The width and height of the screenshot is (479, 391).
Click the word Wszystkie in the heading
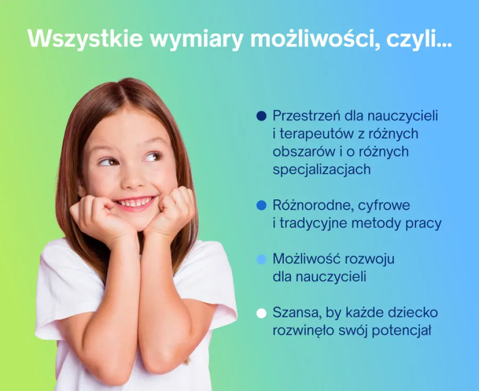(x=85, y=38)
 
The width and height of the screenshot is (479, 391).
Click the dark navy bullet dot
(x=261, y=116)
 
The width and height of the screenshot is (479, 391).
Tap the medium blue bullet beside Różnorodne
(x=261, y=205)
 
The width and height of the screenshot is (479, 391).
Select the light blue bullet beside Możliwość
(x=261, y=259)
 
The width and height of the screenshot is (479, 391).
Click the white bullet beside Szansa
(x=261, y=313)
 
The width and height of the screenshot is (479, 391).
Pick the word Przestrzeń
(x=307, y=116)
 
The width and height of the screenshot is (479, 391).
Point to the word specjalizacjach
(x=321, y=170)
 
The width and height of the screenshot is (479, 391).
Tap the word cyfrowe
(x=384, y=206)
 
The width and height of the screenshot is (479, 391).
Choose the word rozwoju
(x=370, y=259)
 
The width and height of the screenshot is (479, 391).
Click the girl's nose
(x=133, y=180)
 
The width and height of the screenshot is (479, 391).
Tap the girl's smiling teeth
(x=135, y=202)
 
